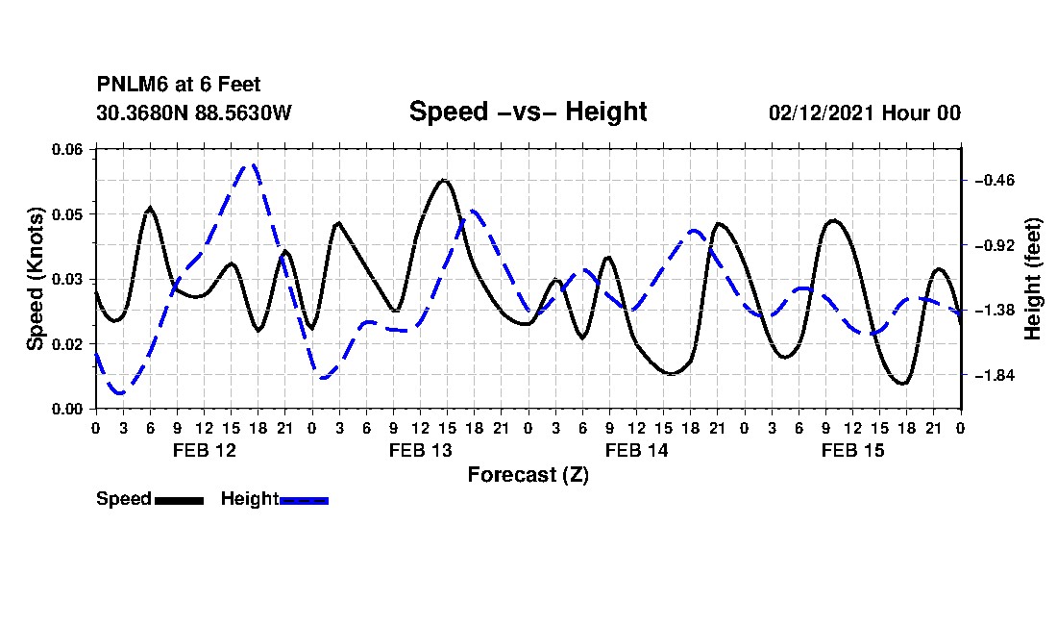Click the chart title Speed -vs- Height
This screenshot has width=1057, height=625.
(528, 112)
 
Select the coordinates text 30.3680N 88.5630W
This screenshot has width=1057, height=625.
(194, 112)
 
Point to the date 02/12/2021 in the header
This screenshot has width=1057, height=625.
(822, 112)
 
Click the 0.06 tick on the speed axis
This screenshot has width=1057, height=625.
(66, 149)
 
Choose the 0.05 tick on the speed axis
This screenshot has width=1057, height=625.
(66, 214)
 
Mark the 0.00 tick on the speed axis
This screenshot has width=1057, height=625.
(66, 409)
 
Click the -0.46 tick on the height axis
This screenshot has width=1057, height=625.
(995, 181)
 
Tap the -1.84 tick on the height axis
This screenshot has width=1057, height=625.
(995, 376)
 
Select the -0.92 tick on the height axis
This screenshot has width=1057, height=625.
(995, 245)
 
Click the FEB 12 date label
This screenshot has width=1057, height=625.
(205, 450)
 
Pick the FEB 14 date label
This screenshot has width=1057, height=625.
(637, 450)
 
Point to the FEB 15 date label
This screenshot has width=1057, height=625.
(852, 450)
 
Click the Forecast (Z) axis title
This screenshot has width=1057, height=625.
(528, 475)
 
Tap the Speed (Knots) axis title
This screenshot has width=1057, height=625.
(36, 279)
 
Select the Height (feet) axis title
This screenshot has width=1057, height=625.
(1032, 279)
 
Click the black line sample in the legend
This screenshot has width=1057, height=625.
(180, 500)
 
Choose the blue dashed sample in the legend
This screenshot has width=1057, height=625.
(304, 500)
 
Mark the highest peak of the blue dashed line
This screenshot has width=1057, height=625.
(252, 164)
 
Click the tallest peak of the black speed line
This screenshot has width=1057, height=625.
(443, 180)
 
